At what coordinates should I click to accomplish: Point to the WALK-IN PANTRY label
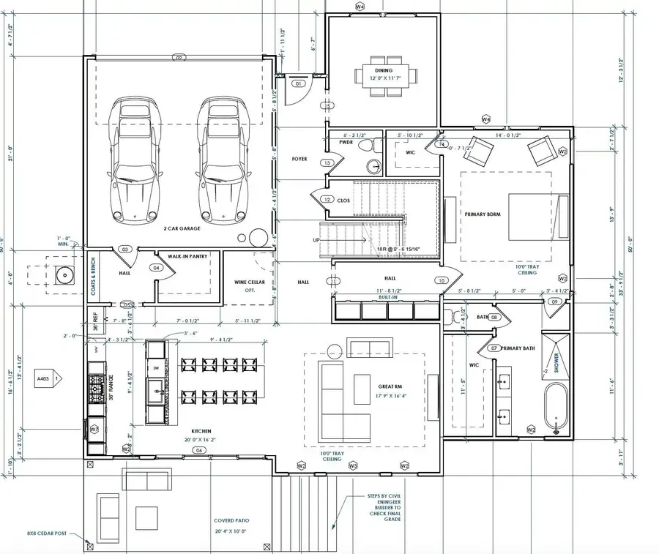tap(187, 256)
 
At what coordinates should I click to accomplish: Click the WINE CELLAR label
tap(250, 282)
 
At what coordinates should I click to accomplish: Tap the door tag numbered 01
tap(298, 84)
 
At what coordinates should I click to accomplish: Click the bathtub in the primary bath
tap(555, 408)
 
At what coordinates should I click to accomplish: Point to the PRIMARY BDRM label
tap(483, 214)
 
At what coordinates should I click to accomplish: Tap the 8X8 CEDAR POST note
tap(47, 534)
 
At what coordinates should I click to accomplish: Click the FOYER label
tap(299, 159)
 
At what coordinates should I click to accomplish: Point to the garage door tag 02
tap(178, 56)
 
